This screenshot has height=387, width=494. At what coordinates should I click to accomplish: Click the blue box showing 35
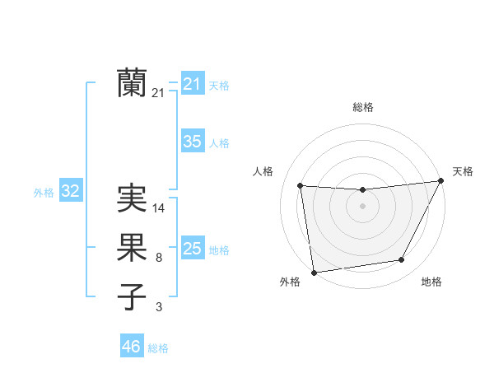point(192,142)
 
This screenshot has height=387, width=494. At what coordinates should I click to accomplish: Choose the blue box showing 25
point(192,249)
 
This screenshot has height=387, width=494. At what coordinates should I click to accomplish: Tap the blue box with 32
point(70,192)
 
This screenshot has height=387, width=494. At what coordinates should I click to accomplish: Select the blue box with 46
point(131,347)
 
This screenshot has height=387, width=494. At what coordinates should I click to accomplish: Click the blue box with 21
point(192,84)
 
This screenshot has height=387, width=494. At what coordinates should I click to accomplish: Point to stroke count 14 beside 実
point(160,208)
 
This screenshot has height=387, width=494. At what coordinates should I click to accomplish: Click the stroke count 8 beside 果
point(158,259)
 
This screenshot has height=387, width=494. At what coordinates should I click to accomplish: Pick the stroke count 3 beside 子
point(158,308)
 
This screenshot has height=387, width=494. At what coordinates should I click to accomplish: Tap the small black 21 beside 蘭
point(159,94)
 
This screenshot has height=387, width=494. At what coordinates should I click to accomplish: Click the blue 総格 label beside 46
point(158,348)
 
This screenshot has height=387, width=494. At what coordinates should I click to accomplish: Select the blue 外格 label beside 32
point(44,193)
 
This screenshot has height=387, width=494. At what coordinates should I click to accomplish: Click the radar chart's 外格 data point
point(314,272)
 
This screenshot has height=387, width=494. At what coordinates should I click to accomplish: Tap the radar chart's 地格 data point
point(402,260)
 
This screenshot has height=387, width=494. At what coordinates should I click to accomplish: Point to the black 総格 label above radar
point(362,107)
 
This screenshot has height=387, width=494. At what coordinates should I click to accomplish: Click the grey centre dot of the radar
point(362,206)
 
